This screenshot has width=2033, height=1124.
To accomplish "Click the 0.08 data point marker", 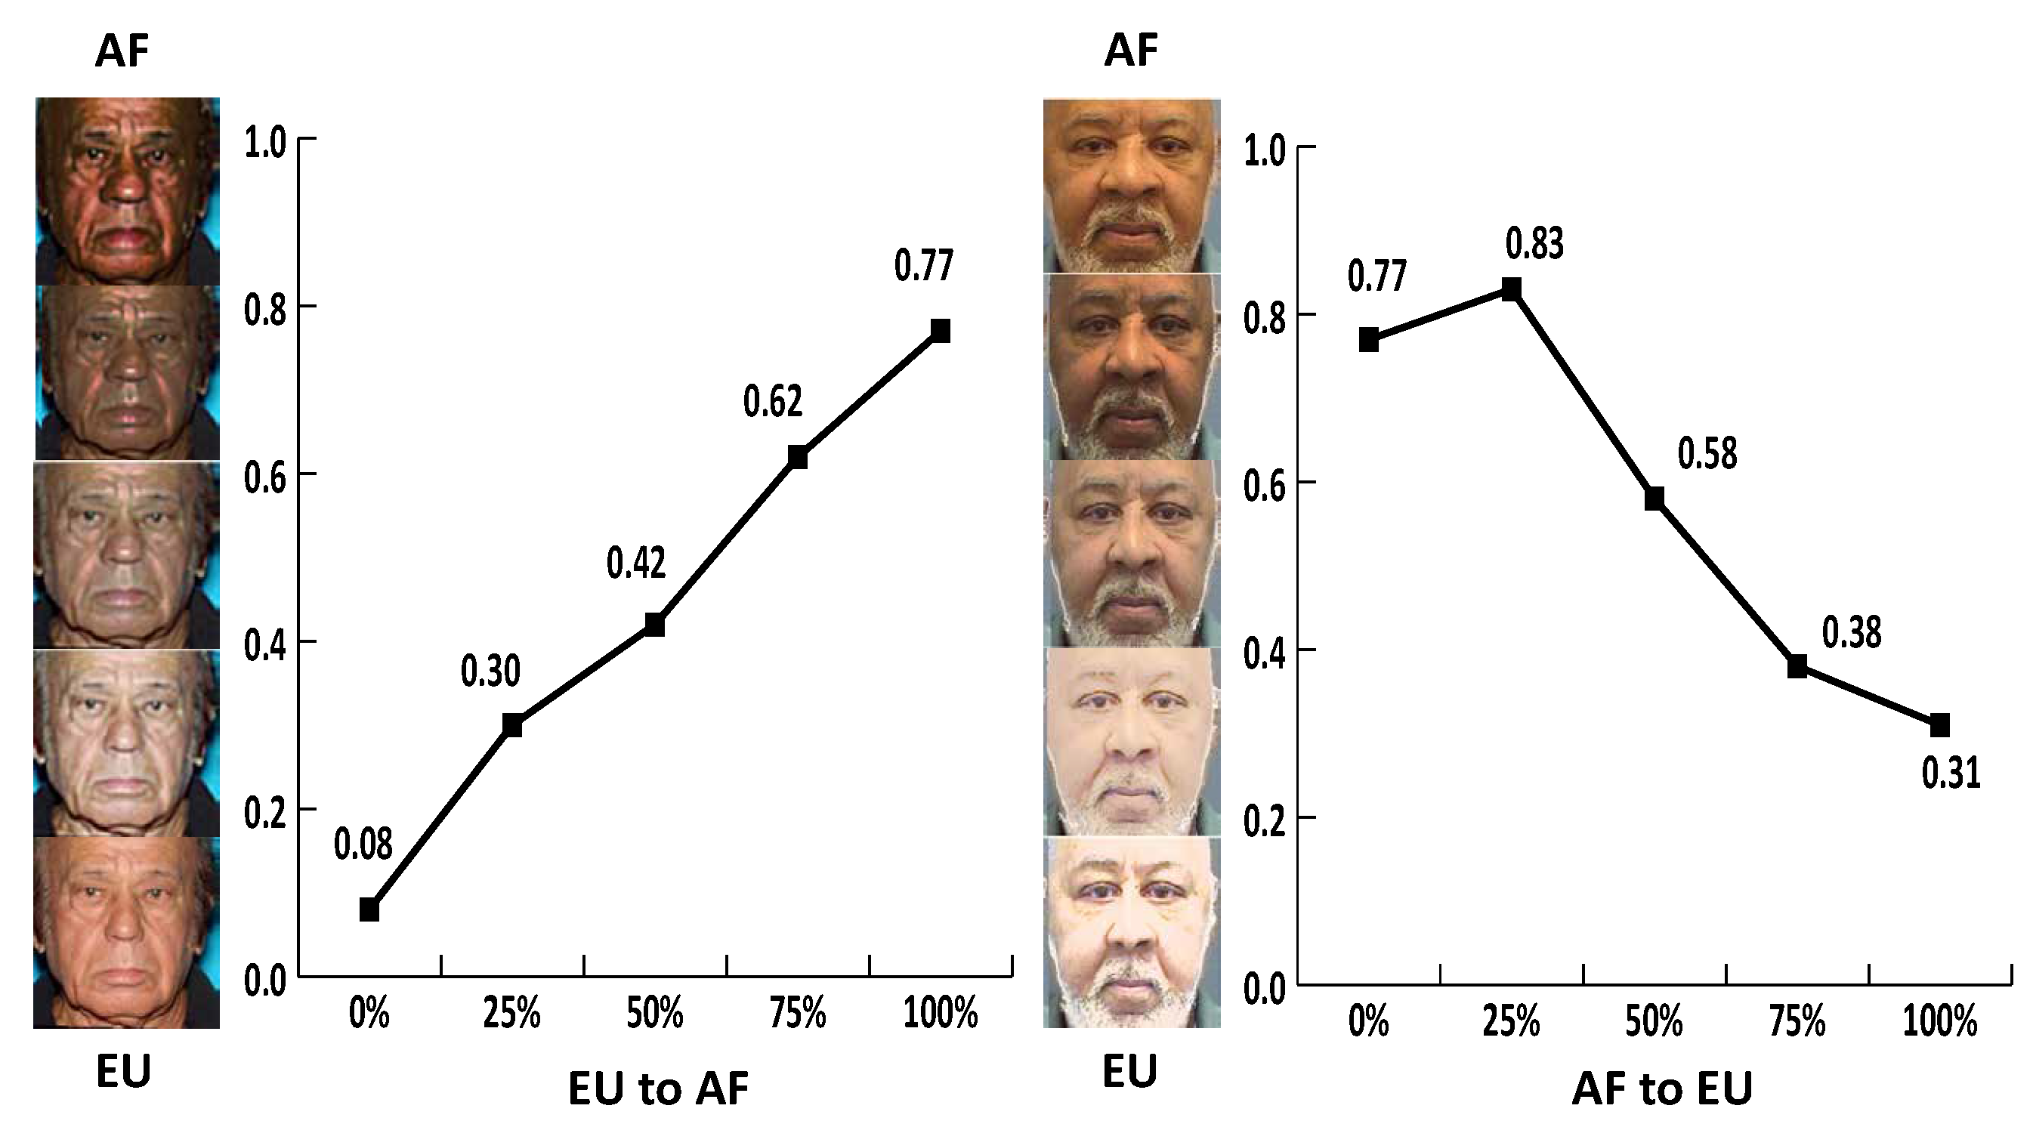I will [x=369, y=910].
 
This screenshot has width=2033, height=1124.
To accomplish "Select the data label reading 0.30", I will [x=490, y=672].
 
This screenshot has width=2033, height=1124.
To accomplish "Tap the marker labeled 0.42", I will [x=654, y=625].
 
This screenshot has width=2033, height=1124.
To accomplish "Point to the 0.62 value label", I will [x=773, y=402].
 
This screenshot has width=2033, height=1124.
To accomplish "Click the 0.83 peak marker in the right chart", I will [x=1511, y=289].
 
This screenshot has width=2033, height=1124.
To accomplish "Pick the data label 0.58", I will [x=1707, y=455].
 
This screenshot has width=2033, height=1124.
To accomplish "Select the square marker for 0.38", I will [x=1797, y=666].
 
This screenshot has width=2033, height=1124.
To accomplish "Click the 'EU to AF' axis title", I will [x=658, y=1088].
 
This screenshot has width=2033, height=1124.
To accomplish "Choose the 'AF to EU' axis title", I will [x=1662, y=1088].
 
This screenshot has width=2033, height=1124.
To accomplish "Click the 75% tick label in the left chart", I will [x=797, y=1013].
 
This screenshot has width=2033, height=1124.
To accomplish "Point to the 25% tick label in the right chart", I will [x=1511, y=1022].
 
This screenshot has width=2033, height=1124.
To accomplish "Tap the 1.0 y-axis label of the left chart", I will [x=264, y=144].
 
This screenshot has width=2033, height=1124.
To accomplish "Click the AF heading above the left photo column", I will [x=122, y=51].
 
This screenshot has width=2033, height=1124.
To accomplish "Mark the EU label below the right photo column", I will [x=1129, y=1071].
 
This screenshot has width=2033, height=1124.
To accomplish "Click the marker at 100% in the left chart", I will [x=940, y=330].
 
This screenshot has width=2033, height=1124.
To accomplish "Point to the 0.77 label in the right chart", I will [x=1376, y=276].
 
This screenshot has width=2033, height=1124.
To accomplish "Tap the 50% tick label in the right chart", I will [x=1655, y=1022].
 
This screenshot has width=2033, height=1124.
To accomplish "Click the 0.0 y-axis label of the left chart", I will [x=264, y=981].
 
